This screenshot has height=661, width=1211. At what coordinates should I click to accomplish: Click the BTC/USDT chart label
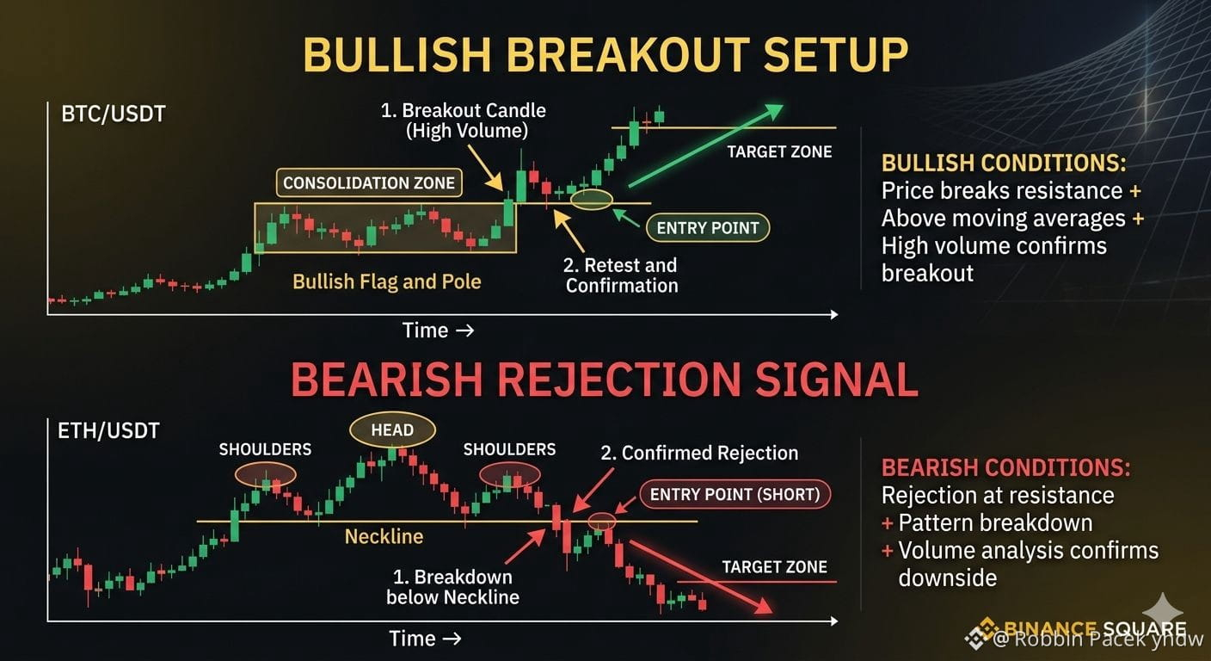click(114, 114)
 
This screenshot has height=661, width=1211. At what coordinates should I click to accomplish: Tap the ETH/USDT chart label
click(108, 431)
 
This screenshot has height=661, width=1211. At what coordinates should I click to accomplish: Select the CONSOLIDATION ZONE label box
click(369, 182)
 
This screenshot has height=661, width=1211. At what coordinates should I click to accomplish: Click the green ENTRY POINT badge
click(708, 228)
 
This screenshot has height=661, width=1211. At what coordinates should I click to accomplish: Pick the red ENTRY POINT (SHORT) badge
click(735, 494)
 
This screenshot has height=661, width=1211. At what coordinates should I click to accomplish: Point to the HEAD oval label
click(392, 430)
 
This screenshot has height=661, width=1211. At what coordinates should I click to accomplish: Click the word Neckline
click(384, 536)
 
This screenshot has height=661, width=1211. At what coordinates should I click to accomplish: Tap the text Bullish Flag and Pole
click(386, 281)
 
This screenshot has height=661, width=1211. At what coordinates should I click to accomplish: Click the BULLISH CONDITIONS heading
click(1004, 163)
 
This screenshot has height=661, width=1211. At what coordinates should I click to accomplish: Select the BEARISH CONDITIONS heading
click(1005, 467)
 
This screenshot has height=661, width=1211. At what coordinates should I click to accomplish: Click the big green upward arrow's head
click(772, 112)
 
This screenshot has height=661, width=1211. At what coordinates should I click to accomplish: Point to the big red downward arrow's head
click(763, 606)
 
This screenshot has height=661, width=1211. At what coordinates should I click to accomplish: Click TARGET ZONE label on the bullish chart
click(779, 152)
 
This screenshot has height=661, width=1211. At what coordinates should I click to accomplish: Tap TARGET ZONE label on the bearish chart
click(774, 567)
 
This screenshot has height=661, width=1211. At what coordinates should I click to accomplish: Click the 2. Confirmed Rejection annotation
click(699, 454)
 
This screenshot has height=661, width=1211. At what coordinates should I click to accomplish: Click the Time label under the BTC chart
click(426, 330)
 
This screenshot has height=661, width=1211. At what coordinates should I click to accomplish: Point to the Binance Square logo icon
click(980, 633)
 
